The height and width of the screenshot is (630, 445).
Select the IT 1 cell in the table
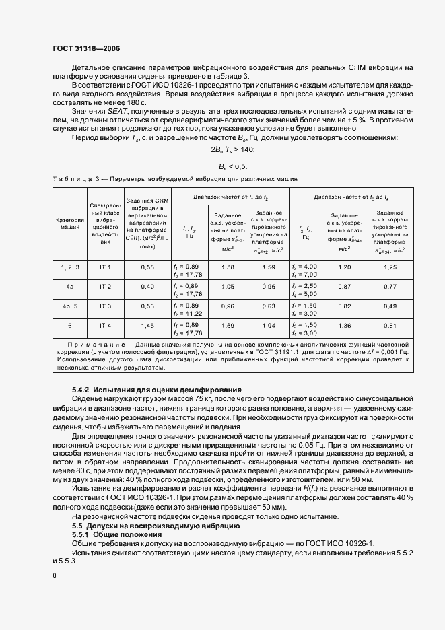click(105, 267)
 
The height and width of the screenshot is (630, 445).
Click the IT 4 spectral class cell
click(105, 325)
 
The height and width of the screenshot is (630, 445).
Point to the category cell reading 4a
click(69, 287)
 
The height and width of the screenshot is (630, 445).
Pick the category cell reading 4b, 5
click(69, 306)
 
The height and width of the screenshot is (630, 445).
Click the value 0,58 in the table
click(147, 267)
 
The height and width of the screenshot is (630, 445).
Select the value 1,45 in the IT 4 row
click(147, 325)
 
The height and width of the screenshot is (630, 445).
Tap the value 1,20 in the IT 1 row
click(344, 267)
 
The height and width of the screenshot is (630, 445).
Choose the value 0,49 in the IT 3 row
click(389, 306)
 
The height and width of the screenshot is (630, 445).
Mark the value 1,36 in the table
click(344, 325)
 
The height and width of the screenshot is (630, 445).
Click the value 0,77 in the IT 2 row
click(389, 287)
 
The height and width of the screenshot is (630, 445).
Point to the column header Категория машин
click(69, 223)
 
